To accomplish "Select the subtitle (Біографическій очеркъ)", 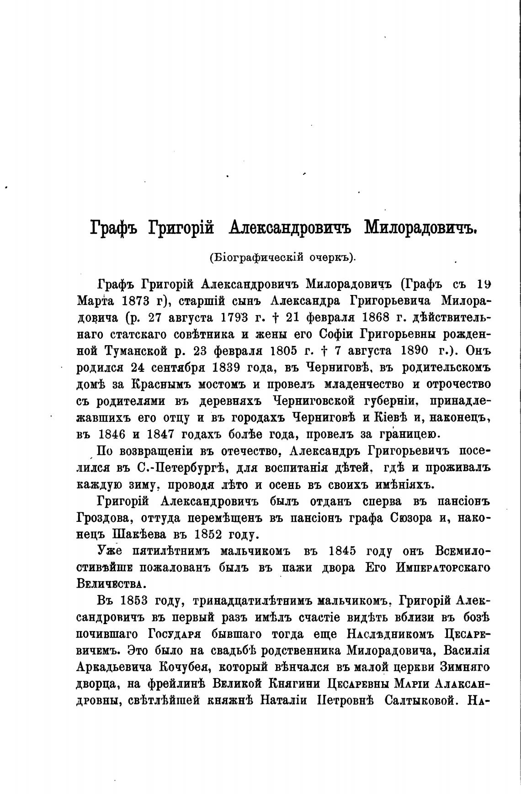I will (282, 258).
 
